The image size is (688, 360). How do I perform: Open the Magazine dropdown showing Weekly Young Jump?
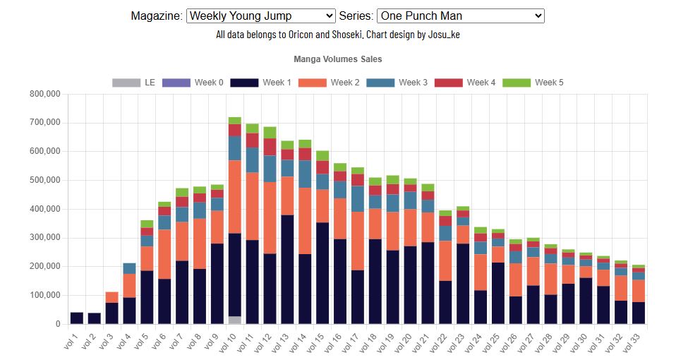click(x=260, y=16)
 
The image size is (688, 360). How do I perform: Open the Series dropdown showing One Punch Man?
click(x=460, y=16)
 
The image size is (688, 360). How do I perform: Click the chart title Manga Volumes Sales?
click(x=337, y=59)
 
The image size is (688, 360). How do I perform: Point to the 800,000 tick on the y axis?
click(x=44, y=94)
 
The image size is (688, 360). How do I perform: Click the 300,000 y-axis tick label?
click(x=44, y=238)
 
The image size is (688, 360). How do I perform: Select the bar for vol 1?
click(x=76, y=318)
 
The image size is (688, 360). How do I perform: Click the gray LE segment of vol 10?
click(x=235, y=320)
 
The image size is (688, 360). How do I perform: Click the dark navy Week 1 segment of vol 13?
click(x=287, y=268)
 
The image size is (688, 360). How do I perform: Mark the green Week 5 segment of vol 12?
click(x=270, y=133)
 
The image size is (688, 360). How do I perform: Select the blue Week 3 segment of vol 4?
click(x=129, y=268)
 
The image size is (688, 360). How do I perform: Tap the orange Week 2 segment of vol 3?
click(x=111, y=297)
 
